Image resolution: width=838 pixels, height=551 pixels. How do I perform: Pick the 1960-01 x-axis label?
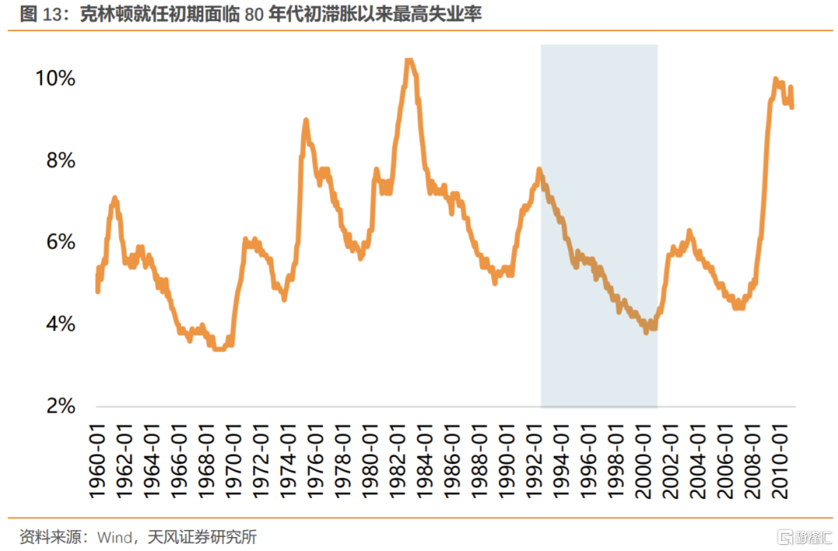(98, 459)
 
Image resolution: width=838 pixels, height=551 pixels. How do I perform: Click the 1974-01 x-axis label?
(293, 459)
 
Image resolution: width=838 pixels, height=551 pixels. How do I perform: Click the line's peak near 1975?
(306, 121)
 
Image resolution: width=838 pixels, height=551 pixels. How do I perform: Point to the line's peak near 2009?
(775, 79)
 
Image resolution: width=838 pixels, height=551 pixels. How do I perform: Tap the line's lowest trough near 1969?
(220, 348)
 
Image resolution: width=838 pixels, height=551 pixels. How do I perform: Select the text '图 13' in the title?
(39, 15)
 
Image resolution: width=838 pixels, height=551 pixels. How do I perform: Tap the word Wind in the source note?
(113, 536)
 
